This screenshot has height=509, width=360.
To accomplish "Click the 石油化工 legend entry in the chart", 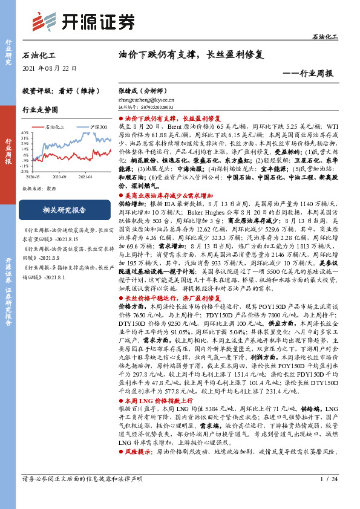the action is click(x=54, y=127).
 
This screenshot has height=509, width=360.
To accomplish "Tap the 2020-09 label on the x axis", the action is click(x=59, y=177).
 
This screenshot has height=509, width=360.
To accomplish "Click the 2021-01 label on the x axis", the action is click(x=85, y=177).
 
